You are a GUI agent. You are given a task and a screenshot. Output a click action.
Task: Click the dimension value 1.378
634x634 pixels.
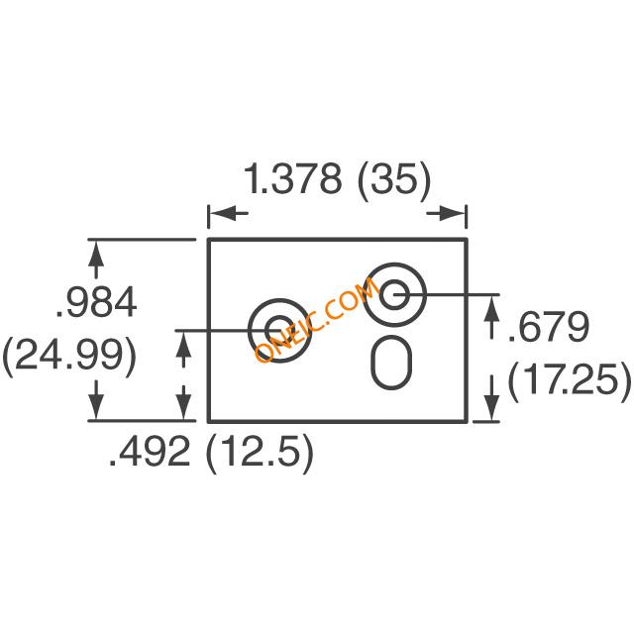tap(294, 178)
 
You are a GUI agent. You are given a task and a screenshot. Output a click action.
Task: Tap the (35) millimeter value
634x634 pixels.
tap(394, 180)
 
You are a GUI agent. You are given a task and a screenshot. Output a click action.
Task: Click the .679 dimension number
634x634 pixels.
tap(548, 326)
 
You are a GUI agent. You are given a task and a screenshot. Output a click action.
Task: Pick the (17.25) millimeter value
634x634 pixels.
tap(569, 381)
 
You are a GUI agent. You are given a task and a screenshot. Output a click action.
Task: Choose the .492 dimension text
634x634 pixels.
tap(150, 452)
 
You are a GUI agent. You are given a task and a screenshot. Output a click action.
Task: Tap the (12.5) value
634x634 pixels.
tap(260, 453)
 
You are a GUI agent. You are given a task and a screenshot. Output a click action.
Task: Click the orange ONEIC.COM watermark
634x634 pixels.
tap(317, 320)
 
